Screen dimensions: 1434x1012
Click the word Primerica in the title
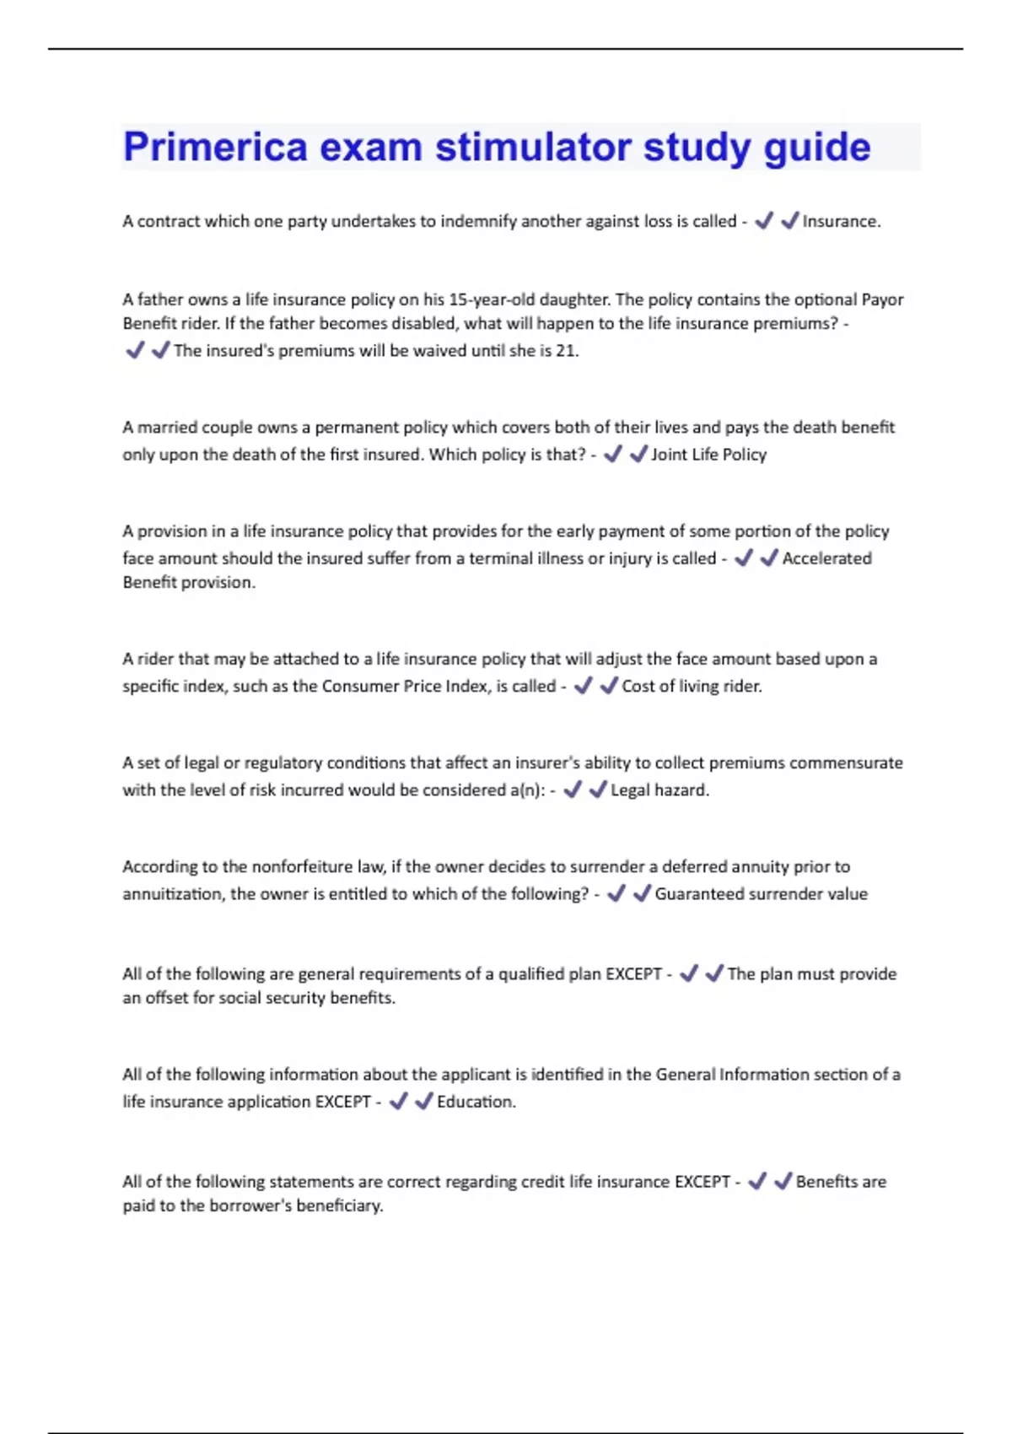tap(216, 148)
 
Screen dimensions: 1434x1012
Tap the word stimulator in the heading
tap(534, 148)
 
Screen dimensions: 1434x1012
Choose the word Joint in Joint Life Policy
tap(669, 455)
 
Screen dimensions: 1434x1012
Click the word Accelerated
tap(826, 558)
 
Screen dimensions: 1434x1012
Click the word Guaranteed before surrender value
tap(707, 894)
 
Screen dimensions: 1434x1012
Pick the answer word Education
tap(475, 1102)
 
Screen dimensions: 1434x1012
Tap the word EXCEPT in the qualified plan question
tap(633, 974)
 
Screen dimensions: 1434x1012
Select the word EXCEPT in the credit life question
tap(702, 1182)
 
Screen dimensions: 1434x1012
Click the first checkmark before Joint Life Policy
tap(613, 455)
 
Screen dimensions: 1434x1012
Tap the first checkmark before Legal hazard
tap(573, 790)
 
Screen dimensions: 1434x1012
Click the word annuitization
tap(172, 894)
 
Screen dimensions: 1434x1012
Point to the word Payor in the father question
tap(882, 299)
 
